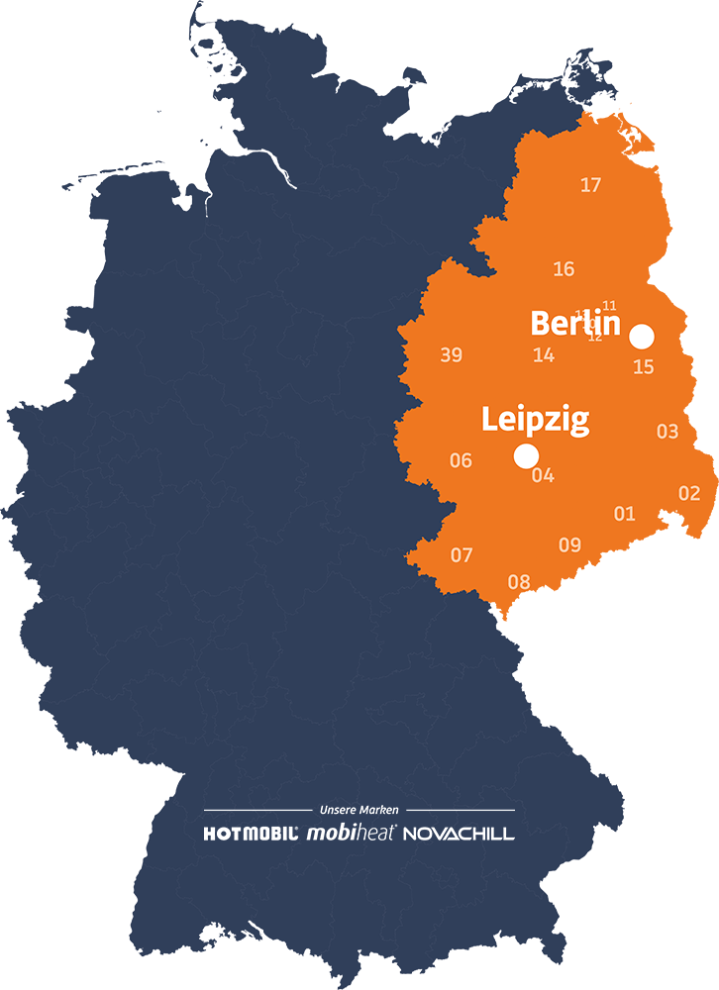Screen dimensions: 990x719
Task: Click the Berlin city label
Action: (575, 324)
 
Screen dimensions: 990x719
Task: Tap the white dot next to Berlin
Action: (643, 337)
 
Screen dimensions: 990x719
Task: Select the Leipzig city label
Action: (535, 420)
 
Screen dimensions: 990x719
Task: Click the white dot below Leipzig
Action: (526, 455)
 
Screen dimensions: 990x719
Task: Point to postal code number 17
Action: (590, 185)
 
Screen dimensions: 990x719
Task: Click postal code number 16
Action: (564, 269)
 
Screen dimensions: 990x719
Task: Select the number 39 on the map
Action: (451, 355)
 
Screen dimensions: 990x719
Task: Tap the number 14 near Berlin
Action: (544, 355)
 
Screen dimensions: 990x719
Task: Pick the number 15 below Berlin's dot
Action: (644, 367)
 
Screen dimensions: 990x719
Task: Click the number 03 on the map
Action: (668, 432)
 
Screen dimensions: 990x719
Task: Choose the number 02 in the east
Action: (689, 493)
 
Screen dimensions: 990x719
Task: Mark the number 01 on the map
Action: (624, 514)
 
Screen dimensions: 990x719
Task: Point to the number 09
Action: (569, 544)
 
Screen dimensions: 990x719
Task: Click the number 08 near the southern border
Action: (519, 582)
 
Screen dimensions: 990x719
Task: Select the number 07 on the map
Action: (462, 555)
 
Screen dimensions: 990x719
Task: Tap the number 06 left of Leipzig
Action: (461, 460)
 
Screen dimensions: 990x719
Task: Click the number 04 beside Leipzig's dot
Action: (543, 475)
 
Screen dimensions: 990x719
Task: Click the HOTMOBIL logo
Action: (252, 834)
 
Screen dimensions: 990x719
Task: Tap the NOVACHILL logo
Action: (459, 834)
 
